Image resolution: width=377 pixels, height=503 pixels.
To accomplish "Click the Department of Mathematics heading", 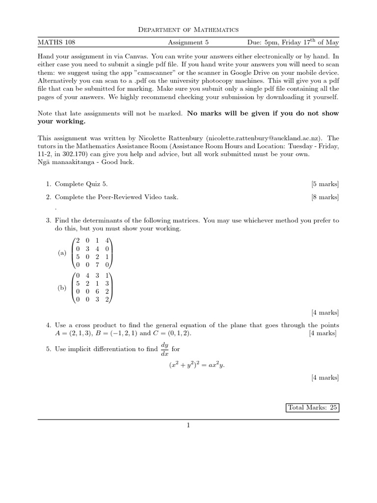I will pos(188,30).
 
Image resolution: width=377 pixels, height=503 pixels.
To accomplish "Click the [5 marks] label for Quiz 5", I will pos(324,184).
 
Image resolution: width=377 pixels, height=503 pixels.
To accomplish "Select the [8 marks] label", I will pos(324,197).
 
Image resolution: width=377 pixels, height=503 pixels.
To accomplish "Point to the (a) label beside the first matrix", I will pos(62,253).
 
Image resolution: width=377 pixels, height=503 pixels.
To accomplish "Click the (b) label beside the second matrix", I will pos(62,288).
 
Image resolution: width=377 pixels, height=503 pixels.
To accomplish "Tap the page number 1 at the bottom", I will pos(188,425).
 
